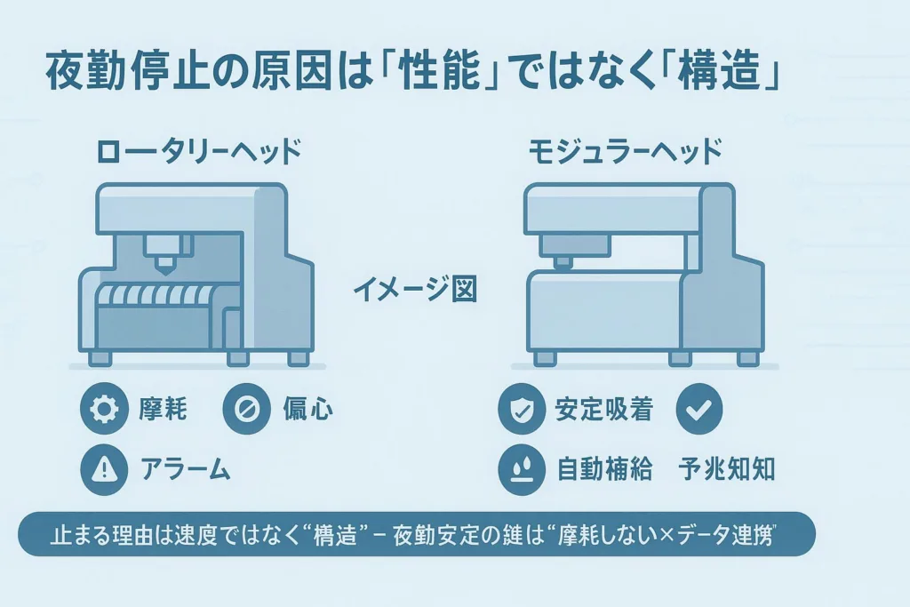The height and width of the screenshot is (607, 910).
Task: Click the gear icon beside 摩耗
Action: coord(104,409)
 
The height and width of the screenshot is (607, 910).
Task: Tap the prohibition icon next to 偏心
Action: coord(247,409)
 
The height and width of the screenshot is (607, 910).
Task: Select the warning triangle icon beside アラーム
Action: coord(104,469)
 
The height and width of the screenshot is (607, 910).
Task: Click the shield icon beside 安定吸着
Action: coord(522,409)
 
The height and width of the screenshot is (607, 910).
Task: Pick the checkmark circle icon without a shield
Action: coord(699,409)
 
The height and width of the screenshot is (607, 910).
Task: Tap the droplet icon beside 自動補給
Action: coord(522,469)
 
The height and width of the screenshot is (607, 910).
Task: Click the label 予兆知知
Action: coord(727,469)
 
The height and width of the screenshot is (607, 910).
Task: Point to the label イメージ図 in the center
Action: coord(415,289)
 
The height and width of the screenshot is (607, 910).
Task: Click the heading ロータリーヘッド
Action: coord(198,151)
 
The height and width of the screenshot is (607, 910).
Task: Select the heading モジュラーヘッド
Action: coord(626,151)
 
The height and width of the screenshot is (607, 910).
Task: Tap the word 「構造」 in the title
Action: coord(720,72)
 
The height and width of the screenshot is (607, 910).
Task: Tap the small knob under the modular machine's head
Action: coord(562,262)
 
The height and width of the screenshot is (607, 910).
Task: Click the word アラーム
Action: coord(185,469)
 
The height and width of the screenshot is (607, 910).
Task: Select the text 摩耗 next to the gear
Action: coord(163,409)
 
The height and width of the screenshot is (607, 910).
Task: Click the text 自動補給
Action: coord(604,469)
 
